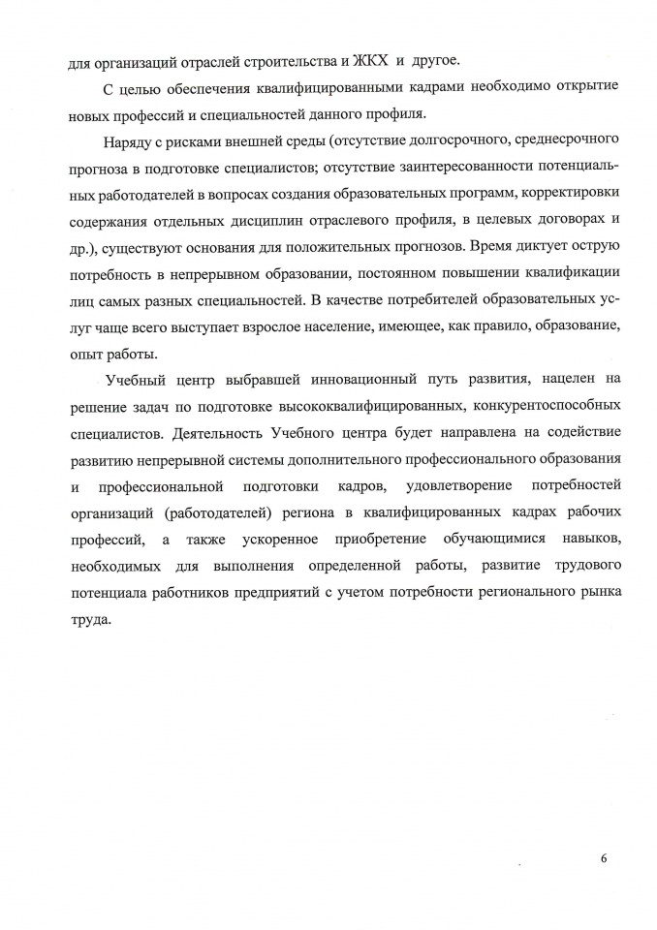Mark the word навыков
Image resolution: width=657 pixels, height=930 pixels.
[x=566, y=537]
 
